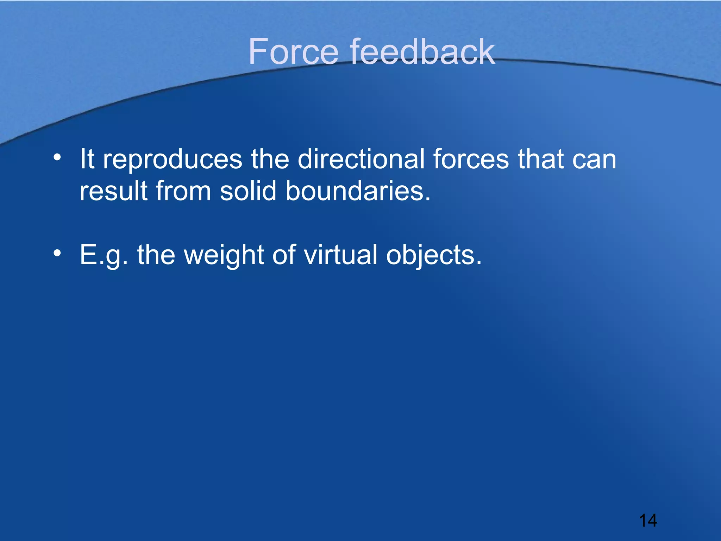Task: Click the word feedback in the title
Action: (x=422, y=52)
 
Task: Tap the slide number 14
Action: (x=647, y=521)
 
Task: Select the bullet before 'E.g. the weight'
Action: (x=57, y=253)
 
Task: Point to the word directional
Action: (x=361, y=159)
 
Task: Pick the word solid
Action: (x=248, y=191)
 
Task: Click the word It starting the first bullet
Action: (x=87, y=159)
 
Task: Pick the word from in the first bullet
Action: (x=183, y=191)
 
